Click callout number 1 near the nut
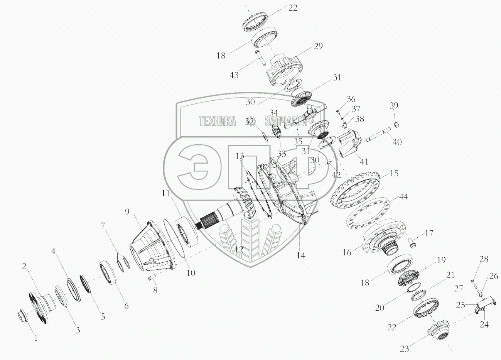point(36,338)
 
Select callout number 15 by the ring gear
point(394,174)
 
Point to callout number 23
point(404,349)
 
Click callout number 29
point(318,46)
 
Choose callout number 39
point(394,106)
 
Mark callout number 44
point(403,198)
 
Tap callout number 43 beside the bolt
point(234,75)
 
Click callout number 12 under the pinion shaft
point(239,250)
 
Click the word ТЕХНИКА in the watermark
point(218,122)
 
